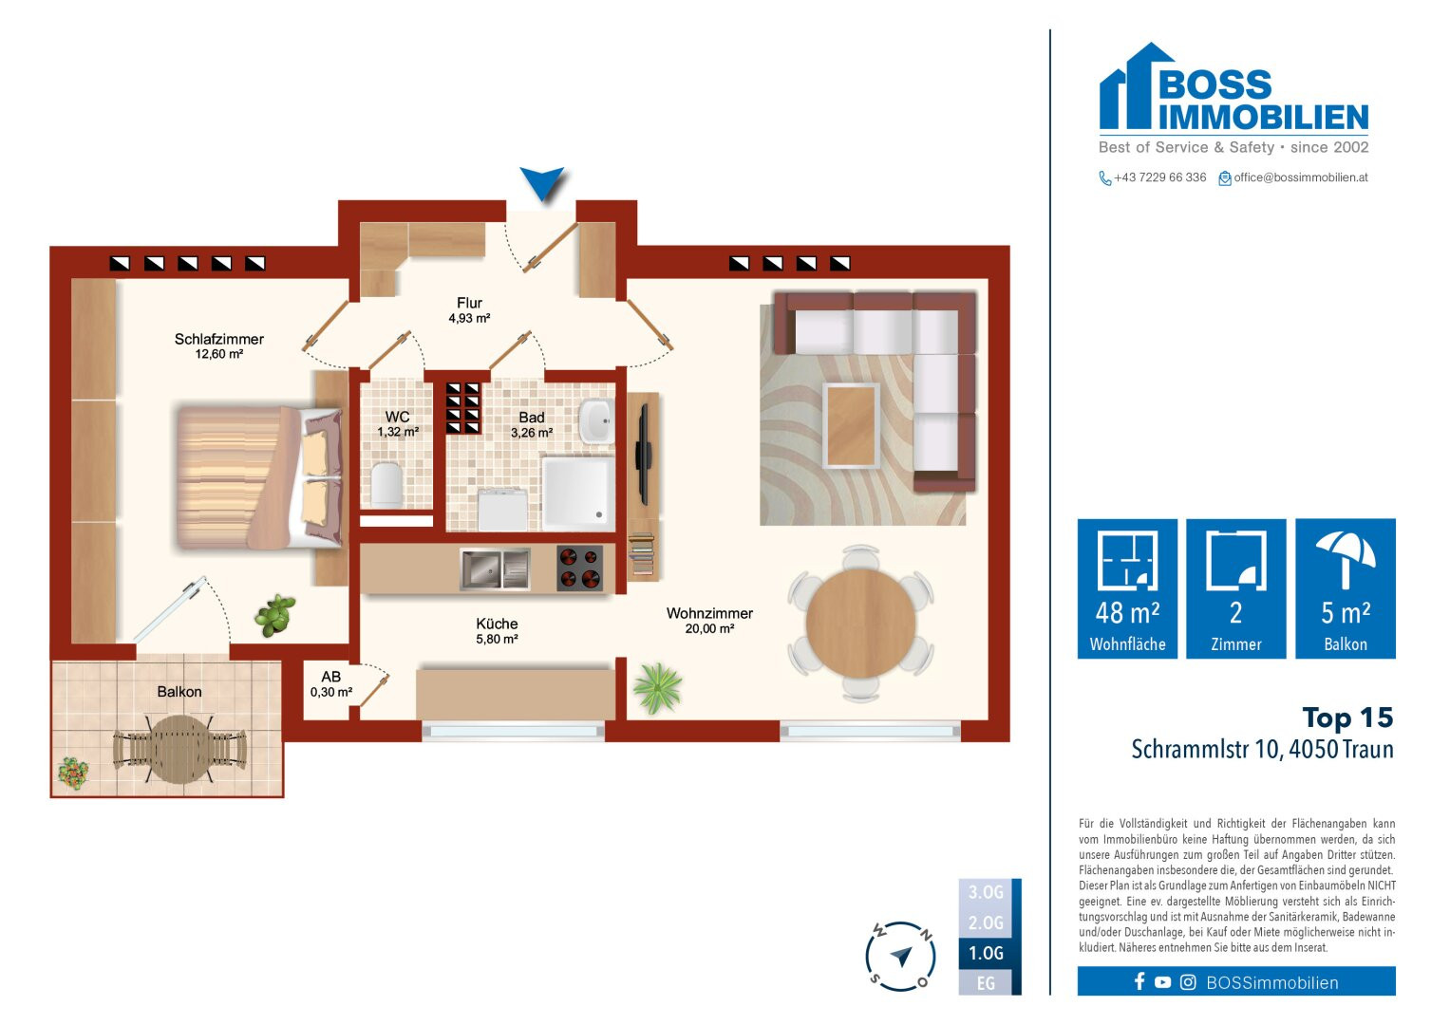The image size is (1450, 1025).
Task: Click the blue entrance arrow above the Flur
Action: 542,182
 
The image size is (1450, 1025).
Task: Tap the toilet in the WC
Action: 387,484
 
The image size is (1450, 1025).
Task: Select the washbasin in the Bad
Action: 595,421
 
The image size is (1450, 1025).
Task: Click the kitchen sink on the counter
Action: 495,569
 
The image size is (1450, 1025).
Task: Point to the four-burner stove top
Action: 579,568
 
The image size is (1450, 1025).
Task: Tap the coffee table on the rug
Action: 851,425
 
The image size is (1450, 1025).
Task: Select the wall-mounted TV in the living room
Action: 642,455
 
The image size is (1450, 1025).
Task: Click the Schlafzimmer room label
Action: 218,339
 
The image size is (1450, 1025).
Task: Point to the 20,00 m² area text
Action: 709,628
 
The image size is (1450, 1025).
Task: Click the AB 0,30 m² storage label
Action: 330,684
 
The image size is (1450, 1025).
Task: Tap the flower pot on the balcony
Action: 73,773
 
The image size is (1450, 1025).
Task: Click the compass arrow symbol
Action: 901,956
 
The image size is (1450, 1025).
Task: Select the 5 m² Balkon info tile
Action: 1346,588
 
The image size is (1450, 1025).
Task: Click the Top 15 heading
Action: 1347,717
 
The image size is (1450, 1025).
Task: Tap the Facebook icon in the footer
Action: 1139,981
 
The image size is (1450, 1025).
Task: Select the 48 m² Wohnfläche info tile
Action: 1127,588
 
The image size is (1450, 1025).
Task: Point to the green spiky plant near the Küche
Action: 658,688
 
